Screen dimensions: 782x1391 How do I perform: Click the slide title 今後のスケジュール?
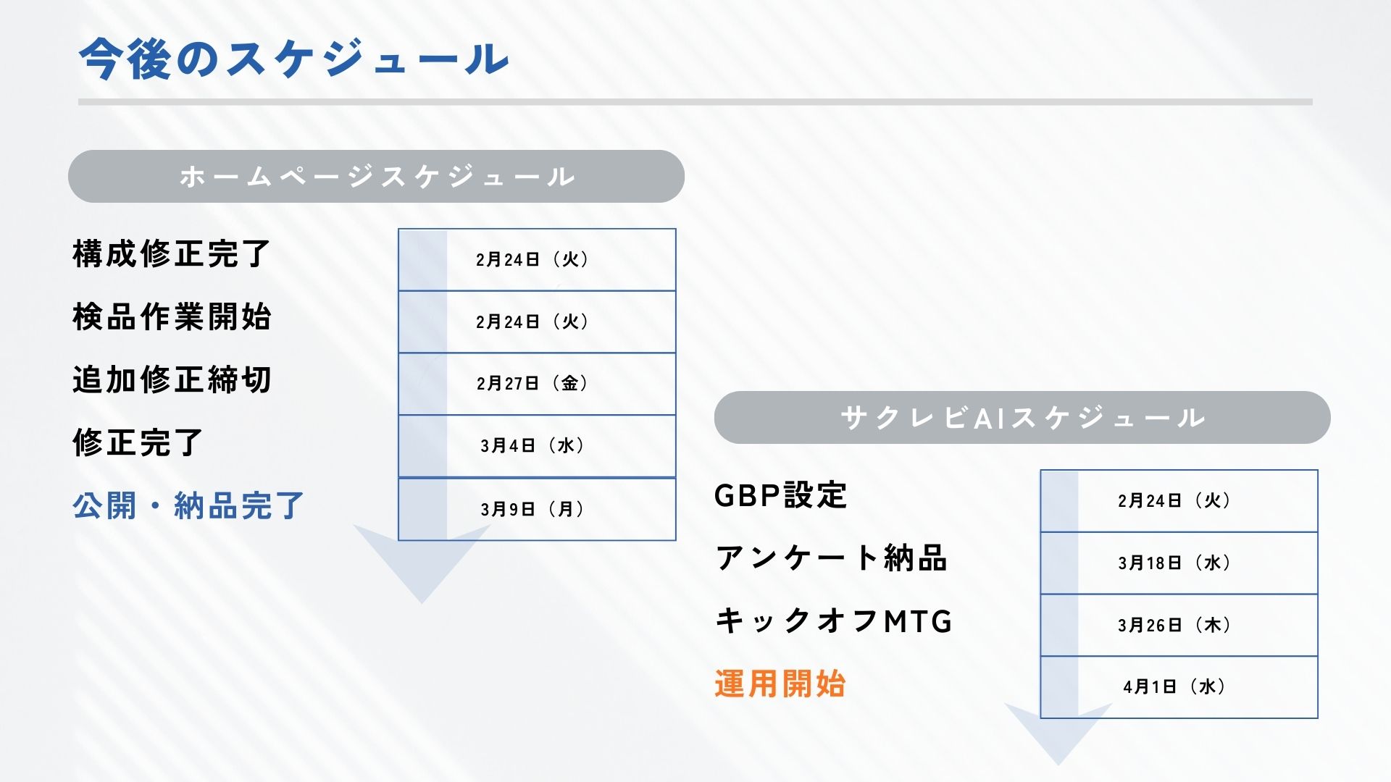tap(293, 58)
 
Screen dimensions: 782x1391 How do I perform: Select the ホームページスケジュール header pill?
tap(376, 176)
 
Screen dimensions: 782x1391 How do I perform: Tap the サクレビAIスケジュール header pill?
tap(1022, 417)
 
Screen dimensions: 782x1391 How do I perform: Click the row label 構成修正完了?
tap(172, 254)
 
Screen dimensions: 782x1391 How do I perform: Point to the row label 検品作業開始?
tap(172, 317)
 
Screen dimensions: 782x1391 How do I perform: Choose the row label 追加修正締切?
tap(172, 379)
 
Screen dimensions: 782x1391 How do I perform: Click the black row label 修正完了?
tap(138, 442)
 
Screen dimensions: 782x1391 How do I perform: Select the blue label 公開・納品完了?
tap(188, 505)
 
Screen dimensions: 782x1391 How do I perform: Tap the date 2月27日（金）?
tap(532, 383)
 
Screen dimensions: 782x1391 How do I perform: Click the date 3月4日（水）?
tap(532, 445)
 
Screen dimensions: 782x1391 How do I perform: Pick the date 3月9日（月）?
tap(532, 509)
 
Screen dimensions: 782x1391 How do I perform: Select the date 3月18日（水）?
tap(1174, 563)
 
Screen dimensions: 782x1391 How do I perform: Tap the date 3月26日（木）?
tap(1174, 625)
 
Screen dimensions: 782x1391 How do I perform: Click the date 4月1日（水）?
tap(1174, 686)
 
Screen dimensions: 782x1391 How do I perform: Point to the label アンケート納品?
tap(831, 558)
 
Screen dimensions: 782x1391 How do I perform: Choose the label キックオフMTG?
tap(833, 621)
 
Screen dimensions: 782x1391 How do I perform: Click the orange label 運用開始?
tap(780, 684)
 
